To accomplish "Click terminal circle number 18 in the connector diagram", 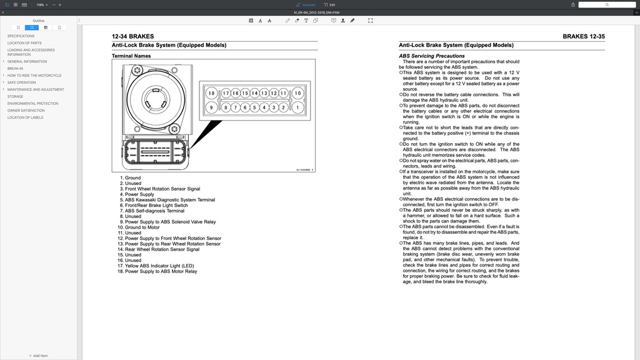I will (211, 93).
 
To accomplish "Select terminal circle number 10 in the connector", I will (297, 93).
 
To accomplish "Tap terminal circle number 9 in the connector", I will (211, 107).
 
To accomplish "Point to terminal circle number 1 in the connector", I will (297, 107).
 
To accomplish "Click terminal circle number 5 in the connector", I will (255, 107).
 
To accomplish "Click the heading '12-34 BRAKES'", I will (132, 36).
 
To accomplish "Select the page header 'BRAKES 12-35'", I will (583, 36).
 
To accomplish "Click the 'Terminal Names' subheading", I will (131, 56).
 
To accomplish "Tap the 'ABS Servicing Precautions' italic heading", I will (432, 56).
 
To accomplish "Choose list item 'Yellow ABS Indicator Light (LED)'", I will (159, 266).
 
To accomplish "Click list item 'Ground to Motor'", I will (142, 227).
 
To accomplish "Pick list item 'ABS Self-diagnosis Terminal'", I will (154, 211).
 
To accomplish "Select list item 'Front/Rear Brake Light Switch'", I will (156, 205).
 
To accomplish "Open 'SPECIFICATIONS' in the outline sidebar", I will (21, 36).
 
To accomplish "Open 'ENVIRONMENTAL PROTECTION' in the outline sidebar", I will (32, 104).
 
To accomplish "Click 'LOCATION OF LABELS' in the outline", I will (25, 117).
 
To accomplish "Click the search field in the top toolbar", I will (607, 4).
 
